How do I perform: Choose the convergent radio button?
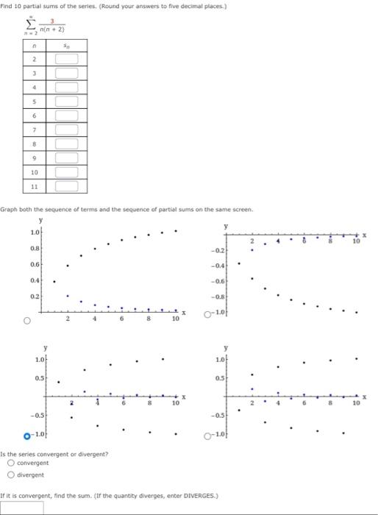(x=10, y=463)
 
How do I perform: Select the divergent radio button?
(x=10, y=475)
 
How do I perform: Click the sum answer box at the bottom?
(x=22, y=508)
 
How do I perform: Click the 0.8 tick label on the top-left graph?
(x=34, y=248)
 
